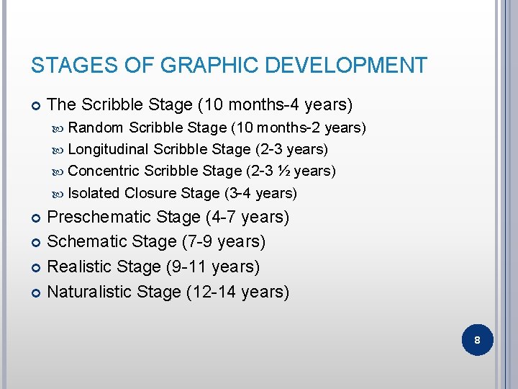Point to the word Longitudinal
click(x=108, y=150)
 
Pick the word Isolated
click(x=94, y=193)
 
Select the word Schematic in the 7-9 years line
click(x=83, y=241)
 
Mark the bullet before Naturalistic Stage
click(x=36, y=292)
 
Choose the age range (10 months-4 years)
click(x=274, y=105)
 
